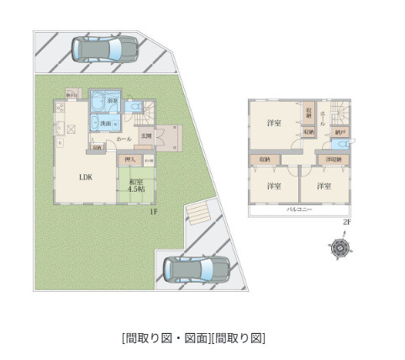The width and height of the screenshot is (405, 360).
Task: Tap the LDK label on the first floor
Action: click(x=86, y=177)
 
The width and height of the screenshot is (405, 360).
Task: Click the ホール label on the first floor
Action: click(x=123, y=137)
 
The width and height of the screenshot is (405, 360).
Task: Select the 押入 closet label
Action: click(x=130, y=159)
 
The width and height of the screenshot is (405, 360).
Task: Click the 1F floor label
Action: click(x=154, y=212)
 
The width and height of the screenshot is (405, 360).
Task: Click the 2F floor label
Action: click(x=346, y=221)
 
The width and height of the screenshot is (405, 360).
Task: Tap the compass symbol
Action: click(x=339, y=248)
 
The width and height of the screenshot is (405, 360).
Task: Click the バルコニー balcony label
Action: click(x=301, y=208)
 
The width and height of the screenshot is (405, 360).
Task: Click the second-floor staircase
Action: click(x=343, y=112)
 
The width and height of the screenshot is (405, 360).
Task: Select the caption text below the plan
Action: click(x=193, y=338)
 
